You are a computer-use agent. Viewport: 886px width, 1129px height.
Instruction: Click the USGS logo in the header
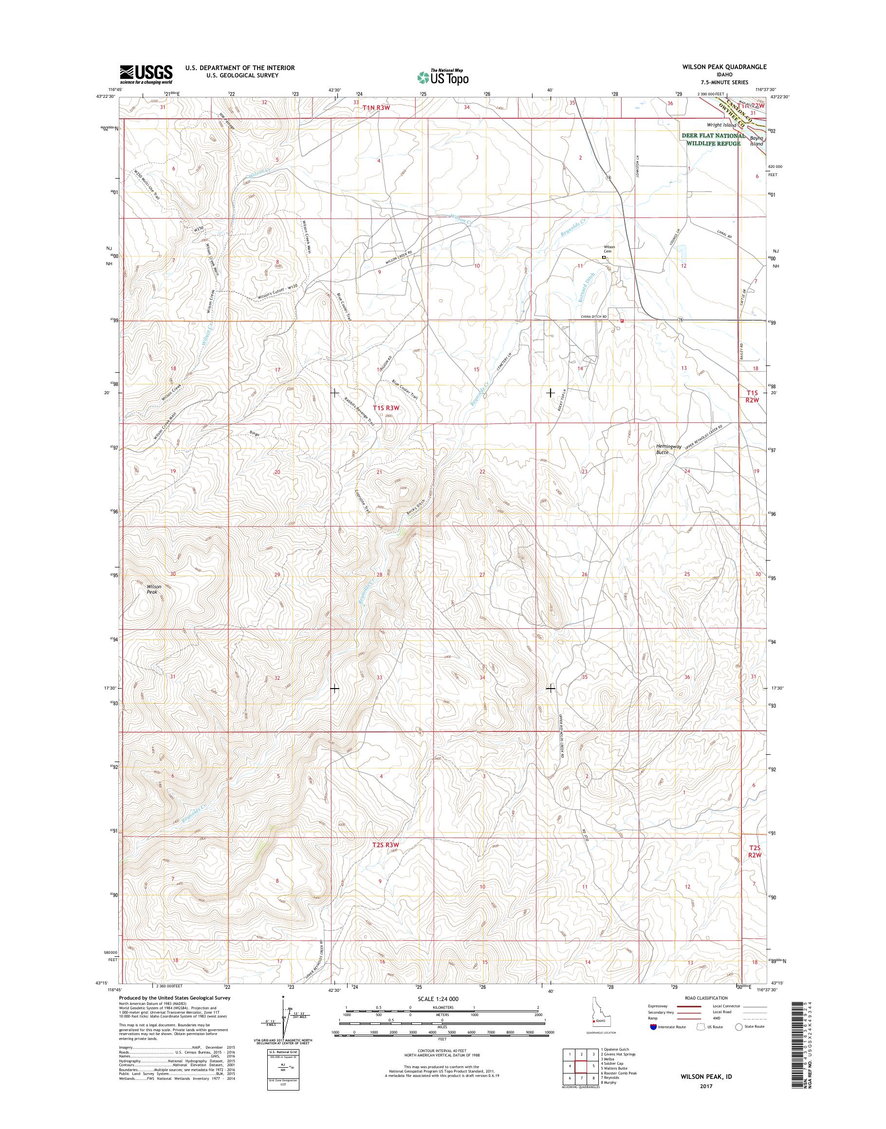click(146, 74)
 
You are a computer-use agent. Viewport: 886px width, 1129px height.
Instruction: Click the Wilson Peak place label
click(153, 589)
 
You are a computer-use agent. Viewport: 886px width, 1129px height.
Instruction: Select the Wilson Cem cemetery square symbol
click(604, 257)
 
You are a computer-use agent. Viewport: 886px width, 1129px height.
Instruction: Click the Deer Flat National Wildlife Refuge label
click(713, 139)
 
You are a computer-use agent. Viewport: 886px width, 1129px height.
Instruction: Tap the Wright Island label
click(721, 125)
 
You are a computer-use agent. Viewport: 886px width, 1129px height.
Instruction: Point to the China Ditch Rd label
click(593, 316)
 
